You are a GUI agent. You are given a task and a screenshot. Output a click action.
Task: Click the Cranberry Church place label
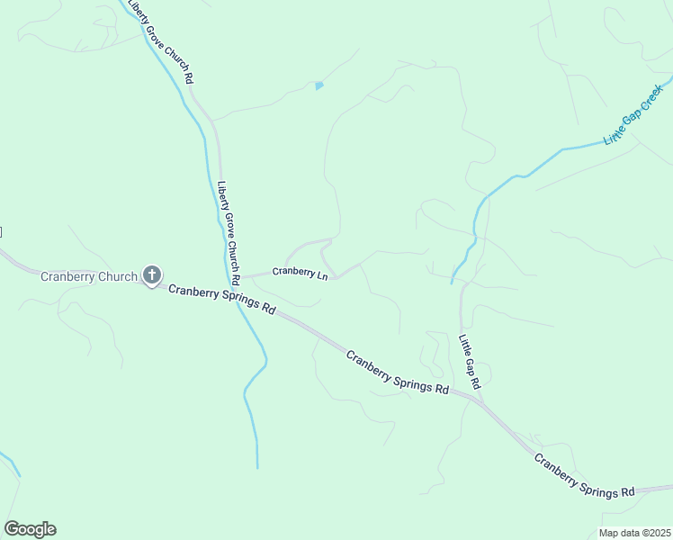(88, 276)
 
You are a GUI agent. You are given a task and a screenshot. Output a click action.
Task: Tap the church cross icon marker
(152, 275)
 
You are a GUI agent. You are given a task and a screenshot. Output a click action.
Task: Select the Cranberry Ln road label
(300, 272)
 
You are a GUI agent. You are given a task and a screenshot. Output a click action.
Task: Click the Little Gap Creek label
(639, 113)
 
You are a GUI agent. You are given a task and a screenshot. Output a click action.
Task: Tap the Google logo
(30, 529)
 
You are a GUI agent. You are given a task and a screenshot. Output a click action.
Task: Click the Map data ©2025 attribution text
(634, 533)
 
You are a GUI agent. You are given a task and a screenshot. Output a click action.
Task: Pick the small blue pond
(319, 86)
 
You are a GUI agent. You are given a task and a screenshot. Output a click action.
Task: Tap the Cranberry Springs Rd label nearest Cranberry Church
(221, 299)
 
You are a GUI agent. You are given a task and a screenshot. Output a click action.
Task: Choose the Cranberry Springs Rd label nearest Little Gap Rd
(398, 372)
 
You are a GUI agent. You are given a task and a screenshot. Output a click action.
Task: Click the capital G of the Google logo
(12, 529)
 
